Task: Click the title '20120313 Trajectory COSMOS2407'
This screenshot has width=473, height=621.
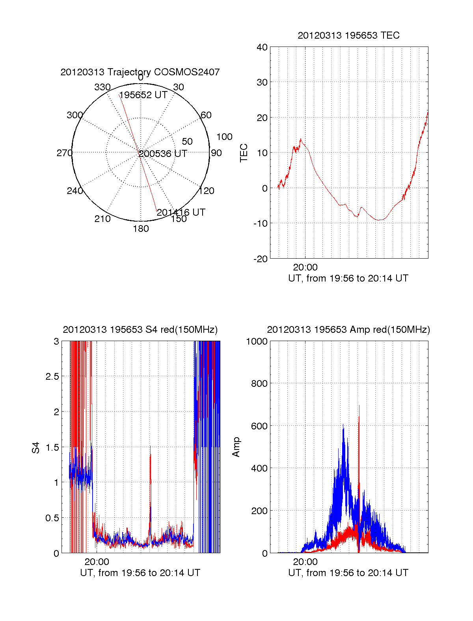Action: (140, 72)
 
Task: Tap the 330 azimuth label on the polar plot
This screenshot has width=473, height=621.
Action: (102, 87)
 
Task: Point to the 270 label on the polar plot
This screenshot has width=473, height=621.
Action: (64, 153)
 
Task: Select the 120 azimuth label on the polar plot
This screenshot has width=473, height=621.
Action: (207, 191)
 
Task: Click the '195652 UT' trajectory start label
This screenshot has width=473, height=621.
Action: (143, 95)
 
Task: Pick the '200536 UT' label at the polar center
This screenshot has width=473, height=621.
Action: (163, 154)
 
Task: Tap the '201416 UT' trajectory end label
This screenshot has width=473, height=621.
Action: (181, 213)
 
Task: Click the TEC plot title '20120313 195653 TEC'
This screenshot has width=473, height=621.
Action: (348, 35)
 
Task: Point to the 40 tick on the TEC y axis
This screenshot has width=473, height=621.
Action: (262, 47)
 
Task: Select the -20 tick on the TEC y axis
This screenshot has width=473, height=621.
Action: (261, 259)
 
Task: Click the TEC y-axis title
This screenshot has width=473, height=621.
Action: (244, 153)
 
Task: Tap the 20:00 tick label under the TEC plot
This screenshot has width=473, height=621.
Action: (305, 267)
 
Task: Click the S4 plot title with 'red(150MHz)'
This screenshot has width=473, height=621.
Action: (140, 330)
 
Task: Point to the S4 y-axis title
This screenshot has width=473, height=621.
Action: (36, 448)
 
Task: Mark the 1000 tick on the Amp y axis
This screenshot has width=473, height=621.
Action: (257, 341)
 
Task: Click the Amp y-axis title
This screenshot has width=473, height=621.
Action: (236, 447)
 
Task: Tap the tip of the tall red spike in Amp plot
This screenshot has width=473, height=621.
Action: (359, 405)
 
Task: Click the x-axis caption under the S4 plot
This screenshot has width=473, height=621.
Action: (140, 573)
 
